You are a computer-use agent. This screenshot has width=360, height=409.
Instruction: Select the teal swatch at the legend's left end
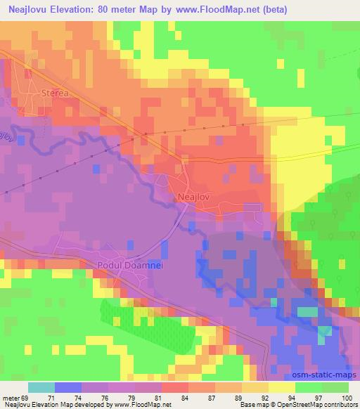[41, 387]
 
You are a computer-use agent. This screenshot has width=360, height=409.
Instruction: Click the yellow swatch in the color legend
[281, 387]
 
